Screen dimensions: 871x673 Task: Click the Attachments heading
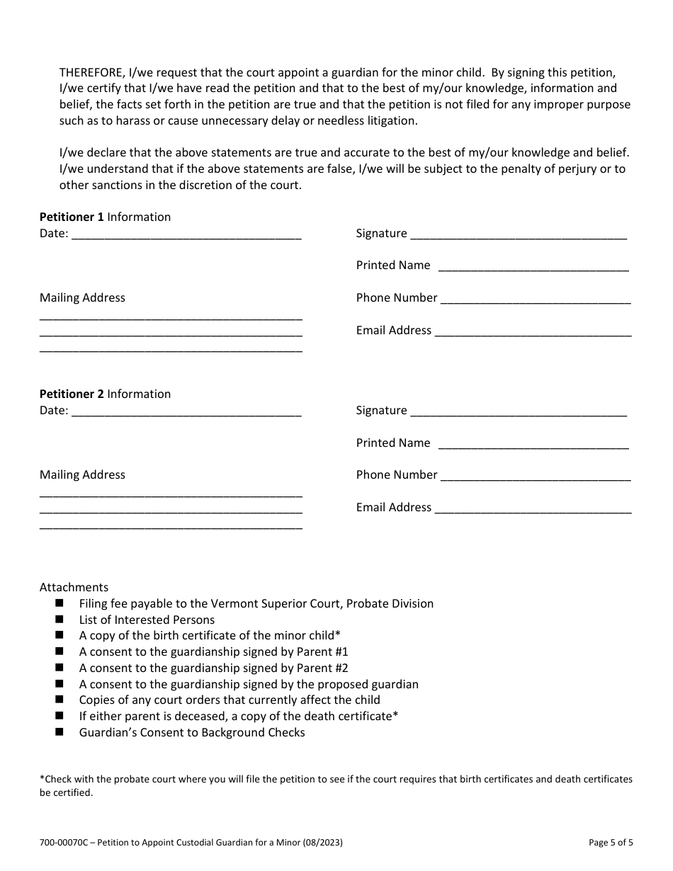coord(74,587)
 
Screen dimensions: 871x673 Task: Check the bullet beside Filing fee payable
coord(59,603)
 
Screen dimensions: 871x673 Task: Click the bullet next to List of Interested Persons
coord(59,620)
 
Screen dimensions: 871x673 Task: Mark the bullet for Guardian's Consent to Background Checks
coord(59,732)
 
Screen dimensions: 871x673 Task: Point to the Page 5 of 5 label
coord(611,843)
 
